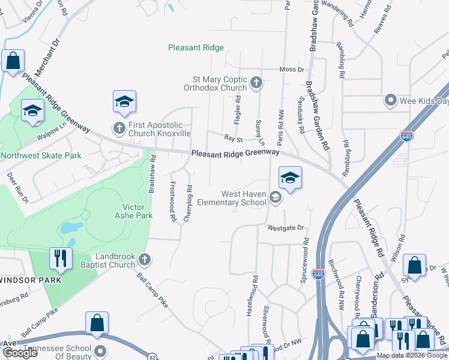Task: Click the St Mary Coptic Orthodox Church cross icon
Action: [256, 83]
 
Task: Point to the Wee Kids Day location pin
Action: [391, 100]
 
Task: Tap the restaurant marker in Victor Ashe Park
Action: [61, 258]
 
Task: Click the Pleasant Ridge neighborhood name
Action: [196, 47]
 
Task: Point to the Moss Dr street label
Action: [292, 70]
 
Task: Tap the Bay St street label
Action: [232, 139]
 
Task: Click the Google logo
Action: [20, 353]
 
